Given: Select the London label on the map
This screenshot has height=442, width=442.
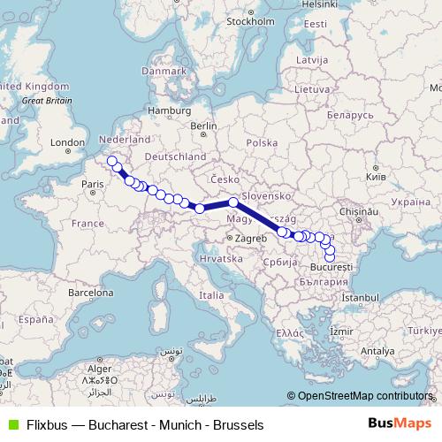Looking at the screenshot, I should (67, 141).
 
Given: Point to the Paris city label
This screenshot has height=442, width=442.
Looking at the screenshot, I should (93, 184).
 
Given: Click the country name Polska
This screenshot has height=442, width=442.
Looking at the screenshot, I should (262, 143).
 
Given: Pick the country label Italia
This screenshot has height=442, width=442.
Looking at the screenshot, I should (211, 294).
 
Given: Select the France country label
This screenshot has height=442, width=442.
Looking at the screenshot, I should (88, 224).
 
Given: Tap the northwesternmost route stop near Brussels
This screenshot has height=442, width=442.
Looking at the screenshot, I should (111, 161).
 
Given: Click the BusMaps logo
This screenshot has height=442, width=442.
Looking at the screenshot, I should (404, 424).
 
